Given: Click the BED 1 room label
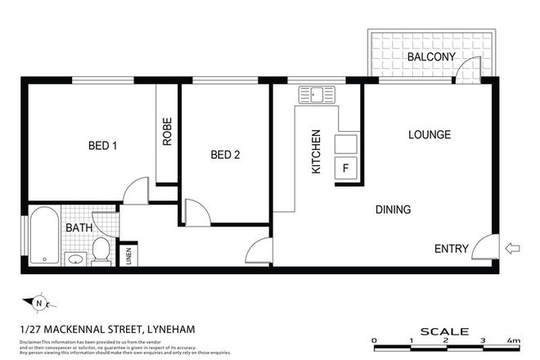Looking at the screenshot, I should [103, 146].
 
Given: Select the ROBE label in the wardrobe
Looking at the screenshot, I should [168, 133].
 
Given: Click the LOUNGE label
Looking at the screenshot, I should [430, 134].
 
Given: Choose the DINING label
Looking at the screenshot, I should [393, 209].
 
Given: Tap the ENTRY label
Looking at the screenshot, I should [452, 248].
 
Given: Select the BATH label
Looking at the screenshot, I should [79, 227].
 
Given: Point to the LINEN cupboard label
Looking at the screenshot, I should [128, 256].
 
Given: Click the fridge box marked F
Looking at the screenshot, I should [345, 169].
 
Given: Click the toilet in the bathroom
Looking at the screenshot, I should [101, 251].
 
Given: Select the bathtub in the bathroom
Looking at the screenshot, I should [44, 237].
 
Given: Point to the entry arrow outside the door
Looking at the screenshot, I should [514, 248].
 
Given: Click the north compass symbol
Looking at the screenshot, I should [39, 303].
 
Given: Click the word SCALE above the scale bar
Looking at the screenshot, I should [444, 331].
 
